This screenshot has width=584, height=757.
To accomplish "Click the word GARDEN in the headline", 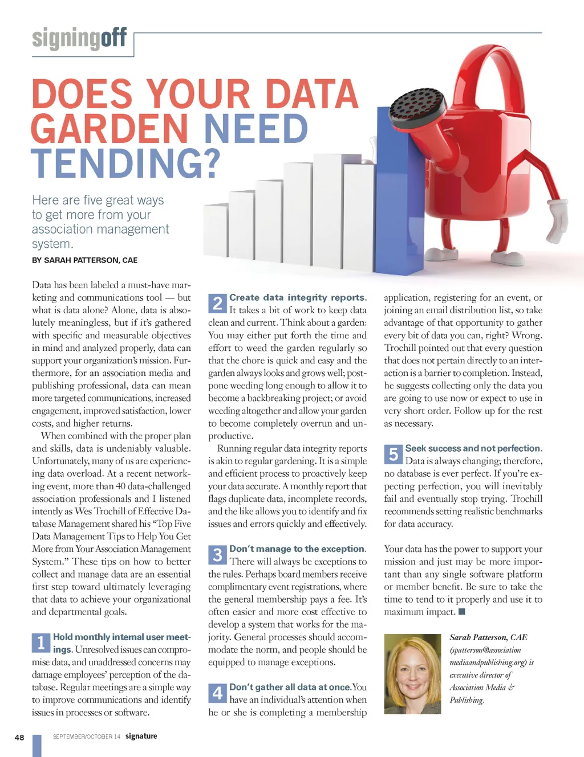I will tap(109, 129).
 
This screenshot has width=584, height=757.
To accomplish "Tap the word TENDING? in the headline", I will tap(125, 163).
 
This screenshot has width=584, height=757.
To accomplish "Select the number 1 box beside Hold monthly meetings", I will tap(40, 643).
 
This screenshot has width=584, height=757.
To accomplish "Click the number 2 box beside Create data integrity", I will tap(217, 304).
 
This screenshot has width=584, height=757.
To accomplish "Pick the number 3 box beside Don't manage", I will tap(217, 555).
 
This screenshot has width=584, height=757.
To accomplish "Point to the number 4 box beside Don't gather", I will tap(217, 693).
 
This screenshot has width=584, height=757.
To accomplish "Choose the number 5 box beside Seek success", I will tap(393, 455).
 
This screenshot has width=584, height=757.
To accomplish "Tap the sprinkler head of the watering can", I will tap(417, 107).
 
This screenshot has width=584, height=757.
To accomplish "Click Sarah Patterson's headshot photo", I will tap(412, 674).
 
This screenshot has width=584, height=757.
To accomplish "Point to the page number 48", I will tap(19, 737).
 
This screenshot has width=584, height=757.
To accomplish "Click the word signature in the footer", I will tap(141, 736).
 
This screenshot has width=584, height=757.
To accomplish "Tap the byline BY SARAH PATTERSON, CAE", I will tap(84, 260).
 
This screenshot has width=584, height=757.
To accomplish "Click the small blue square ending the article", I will tap(462, 612).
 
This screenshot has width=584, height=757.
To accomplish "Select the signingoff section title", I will tap(79, 39).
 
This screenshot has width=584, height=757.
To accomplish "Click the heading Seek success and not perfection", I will tap(473, 448).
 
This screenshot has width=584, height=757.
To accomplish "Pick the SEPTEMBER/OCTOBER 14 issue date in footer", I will tap(87, 736).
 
